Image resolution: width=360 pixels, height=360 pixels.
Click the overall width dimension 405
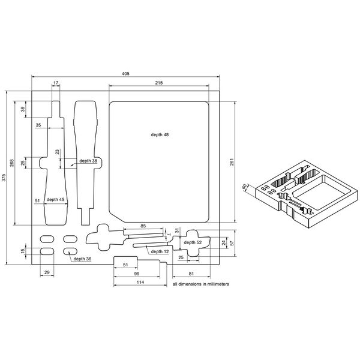[125, 74]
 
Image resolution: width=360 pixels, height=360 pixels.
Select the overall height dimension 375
[4, 178]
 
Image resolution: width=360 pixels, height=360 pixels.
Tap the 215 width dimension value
[159, 83]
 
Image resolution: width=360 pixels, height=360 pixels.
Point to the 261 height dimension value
[232, 162]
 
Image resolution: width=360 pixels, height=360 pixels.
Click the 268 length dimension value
[12, 163]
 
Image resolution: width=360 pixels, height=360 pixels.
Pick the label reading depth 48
[160, 135]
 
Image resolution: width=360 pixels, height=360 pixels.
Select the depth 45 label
[55, 200]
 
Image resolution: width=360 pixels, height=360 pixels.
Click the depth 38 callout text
[88, 161]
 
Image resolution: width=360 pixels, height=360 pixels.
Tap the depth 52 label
[193, 242]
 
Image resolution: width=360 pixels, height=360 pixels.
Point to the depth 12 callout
[160, 251]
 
